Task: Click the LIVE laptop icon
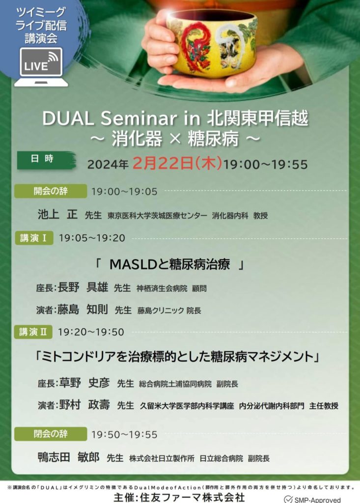coord(41,67)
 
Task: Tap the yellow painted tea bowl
coord(212,43)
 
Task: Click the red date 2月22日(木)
coord(178,164)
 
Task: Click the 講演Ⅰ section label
coord(34,238)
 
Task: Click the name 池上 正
coord(57,215)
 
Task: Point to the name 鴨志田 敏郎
coord(68,457)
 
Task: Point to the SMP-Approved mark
coord(319,499)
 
